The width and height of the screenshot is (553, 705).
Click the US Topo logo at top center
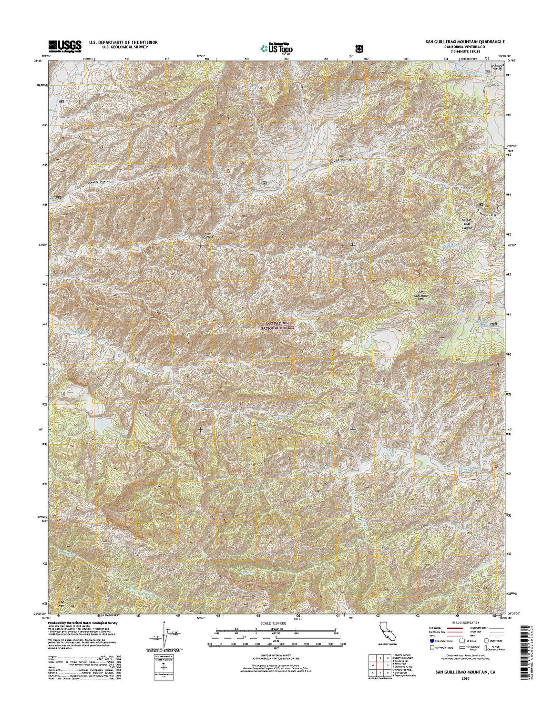coord(276,48)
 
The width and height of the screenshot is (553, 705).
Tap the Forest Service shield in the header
coord(358,48)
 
